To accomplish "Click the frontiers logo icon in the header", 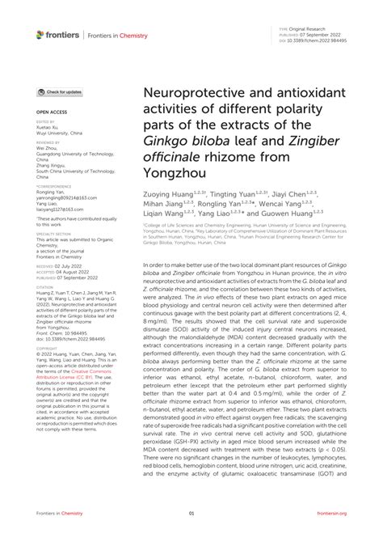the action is point(41,34).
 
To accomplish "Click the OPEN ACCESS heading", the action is point(53,112).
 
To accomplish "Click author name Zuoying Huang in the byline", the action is point(167,195).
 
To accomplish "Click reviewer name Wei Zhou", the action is point(48,149).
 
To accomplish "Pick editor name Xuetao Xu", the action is point(50,127).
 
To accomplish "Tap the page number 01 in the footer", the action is point(191,513).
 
